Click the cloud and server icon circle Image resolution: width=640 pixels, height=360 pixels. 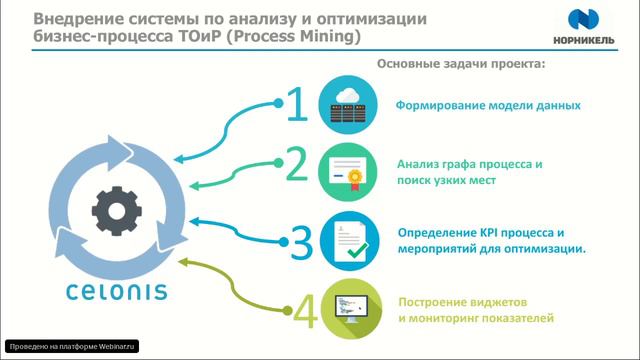tap(347, 105)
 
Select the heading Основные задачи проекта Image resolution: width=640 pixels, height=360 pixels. tap(461, 64)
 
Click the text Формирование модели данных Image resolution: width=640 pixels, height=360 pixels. tap(488, 105)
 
